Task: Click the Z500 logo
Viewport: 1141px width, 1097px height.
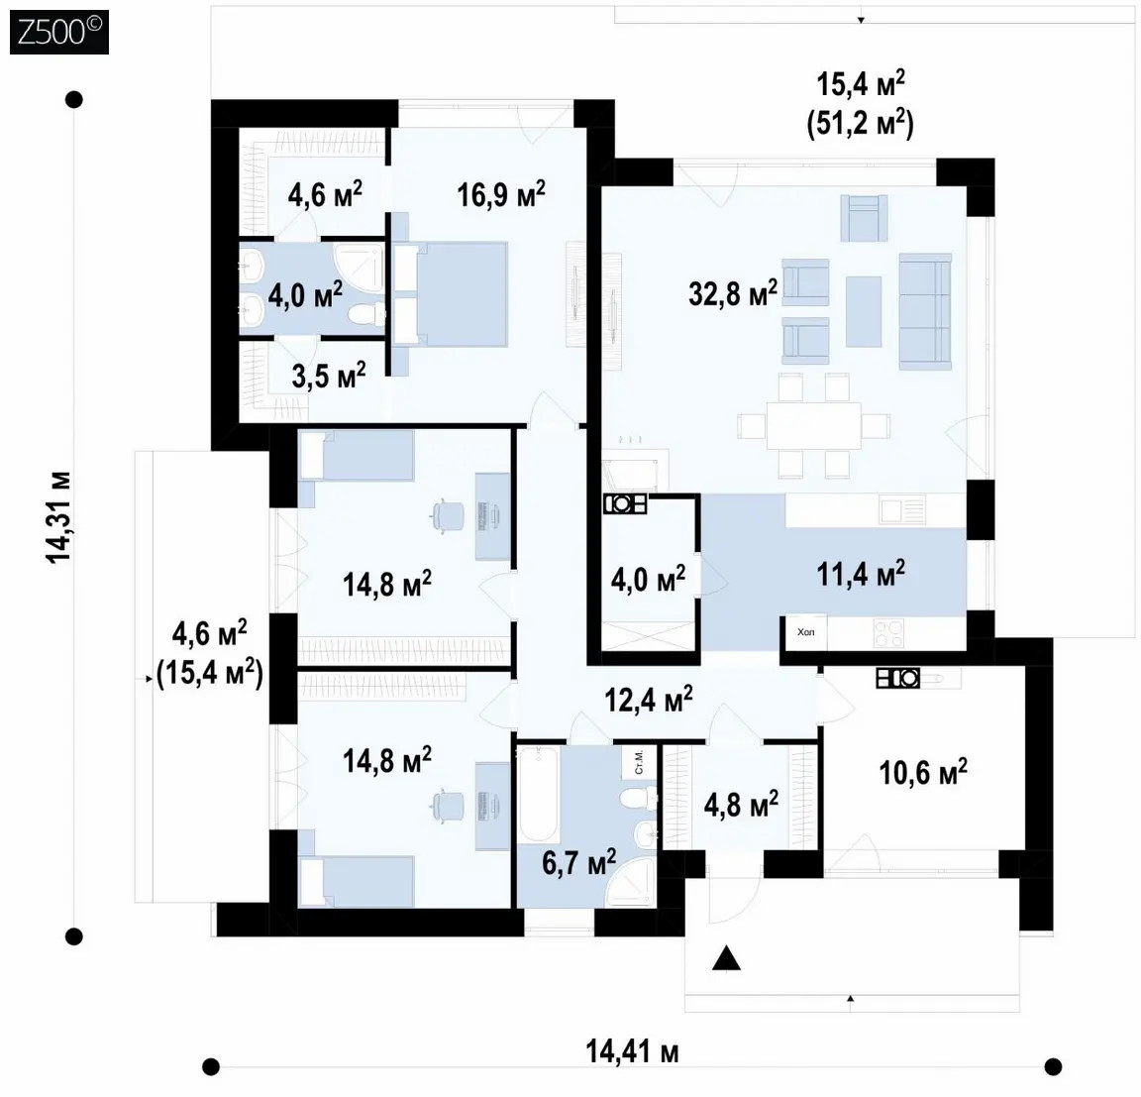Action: tap(59, 33)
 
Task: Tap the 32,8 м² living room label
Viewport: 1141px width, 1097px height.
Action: tap(733, 293)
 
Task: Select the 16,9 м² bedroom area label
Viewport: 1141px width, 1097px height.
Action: tap(501, 194)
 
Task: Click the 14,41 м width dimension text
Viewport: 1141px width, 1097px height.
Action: tap(632, 1052)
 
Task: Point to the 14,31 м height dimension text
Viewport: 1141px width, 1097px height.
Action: tap(59, 517)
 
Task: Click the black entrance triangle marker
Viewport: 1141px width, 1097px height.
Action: tap(726, 958)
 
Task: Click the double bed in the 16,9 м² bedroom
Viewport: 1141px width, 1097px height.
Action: tap(451, 293)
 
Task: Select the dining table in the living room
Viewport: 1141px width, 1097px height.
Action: tap(813, 426)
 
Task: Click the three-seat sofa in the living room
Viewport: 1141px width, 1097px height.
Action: tap(925, 311)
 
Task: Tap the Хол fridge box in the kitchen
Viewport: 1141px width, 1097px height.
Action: tap(804, 632)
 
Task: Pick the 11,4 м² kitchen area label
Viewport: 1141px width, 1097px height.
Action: tap(861, 574)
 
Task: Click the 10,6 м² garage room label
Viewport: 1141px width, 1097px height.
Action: tap(923, 772)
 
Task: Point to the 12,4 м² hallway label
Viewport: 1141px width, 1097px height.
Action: tap(649, 699)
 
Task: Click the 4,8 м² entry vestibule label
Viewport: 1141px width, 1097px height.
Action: tap(741, 804)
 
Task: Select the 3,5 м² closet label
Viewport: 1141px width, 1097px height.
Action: tap(328, 376)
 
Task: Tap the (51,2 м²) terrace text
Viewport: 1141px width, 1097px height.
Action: tap(860, 124)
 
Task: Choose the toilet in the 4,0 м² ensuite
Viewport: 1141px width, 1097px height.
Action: tap(366, 314)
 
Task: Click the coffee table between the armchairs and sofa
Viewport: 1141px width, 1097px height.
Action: tap(863, 311)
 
